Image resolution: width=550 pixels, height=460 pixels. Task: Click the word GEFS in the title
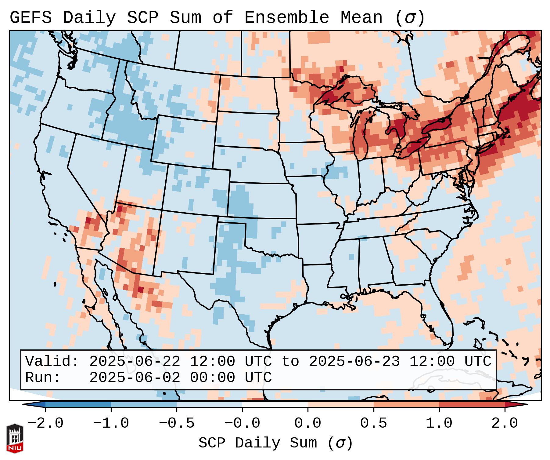(x=31, y=18)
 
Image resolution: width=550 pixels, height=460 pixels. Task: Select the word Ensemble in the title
(x=286, y=18)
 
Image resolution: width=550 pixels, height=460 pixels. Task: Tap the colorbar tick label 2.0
(x=505, y=423)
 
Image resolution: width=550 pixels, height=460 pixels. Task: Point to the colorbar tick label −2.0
(x=45, y=423)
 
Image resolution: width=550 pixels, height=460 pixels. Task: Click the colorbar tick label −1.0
(x=111, y=423)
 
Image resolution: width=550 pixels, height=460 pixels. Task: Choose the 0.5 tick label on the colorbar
(x=373, y=423)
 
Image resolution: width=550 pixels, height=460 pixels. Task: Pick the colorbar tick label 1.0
(x=439, y=423)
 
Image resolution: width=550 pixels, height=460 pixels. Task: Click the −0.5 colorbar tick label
(x=177, y=423)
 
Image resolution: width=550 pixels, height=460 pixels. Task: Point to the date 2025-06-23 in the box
(x=354, y=362)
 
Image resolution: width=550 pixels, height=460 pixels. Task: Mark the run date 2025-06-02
(x=135, y=378)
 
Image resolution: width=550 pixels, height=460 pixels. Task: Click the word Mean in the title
(x=361, y=18)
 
